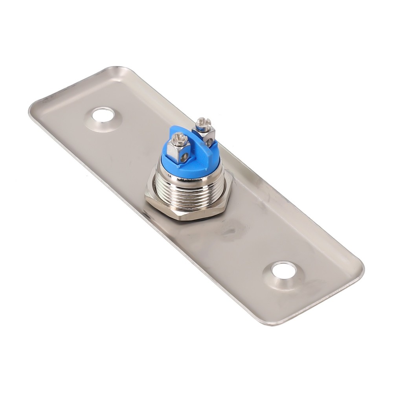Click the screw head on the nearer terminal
coord(180,138)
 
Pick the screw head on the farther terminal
coord(203,123)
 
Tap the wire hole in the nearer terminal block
coord(183,157)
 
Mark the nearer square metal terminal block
coord(179,151)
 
